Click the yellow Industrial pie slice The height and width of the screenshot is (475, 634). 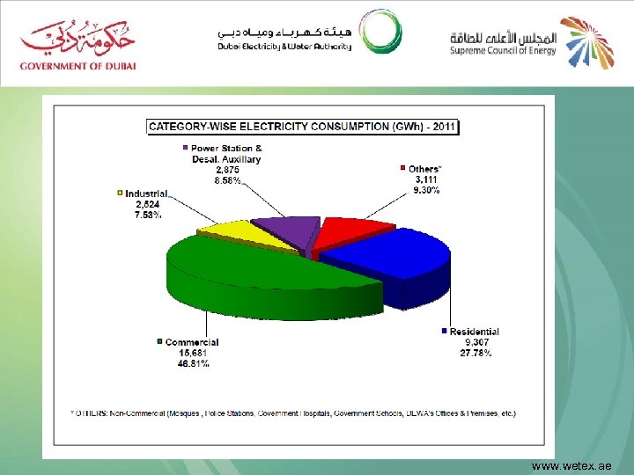(232, 236)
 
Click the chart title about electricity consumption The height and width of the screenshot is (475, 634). (302, 127)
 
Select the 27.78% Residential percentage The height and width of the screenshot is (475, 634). (475, 353)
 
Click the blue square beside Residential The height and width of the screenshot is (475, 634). (444, 332)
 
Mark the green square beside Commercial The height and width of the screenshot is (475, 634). (159, 342)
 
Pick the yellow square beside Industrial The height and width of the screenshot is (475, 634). (120, 193)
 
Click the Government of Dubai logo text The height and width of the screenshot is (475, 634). (79, 64)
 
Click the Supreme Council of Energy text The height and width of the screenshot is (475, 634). (503, 50)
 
